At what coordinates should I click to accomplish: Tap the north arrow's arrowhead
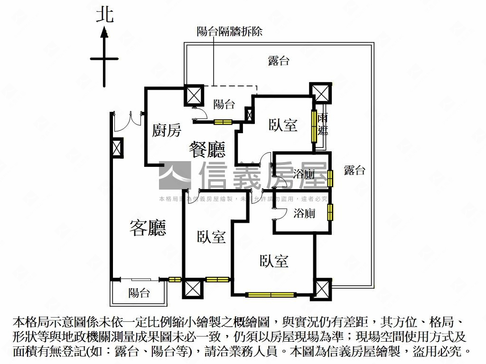[104, 33]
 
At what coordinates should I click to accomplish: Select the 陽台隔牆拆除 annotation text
[229, 32]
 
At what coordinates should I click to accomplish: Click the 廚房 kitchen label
[166, 130]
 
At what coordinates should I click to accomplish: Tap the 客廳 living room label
[148, 228]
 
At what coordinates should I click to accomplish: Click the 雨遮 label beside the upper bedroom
[323, 125]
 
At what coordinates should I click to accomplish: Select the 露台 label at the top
[279, 61]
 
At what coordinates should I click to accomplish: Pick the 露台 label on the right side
[355, 171]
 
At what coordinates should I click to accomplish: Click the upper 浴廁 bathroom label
[304, 174]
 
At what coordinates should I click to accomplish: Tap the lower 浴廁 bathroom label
[304, 213]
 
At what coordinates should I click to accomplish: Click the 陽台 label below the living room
[139, 293]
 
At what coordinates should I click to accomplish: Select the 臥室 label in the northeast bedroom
[283, 125]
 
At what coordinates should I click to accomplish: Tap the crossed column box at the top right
[319, 92]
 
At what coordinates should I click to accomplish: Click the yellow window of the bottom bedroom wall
[271, 295]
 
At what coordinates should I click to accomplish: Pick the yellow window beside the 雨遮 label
[314, 126]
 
